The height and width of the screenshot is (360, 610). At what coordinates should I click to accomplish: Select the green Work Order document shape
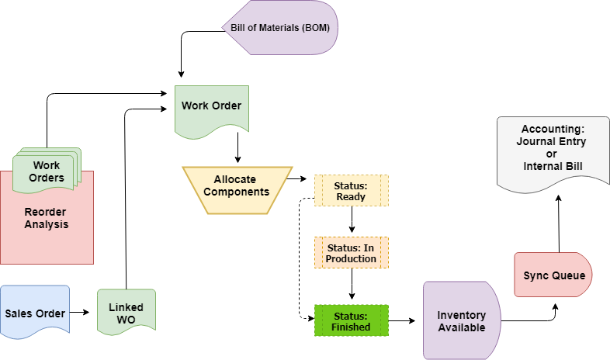[211, 109]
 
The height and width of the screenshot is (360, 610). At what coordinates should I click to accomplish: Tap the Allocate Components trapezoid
[237, 189]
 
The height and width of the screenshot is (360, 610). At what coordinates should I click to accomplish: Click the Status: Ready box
[351, 190]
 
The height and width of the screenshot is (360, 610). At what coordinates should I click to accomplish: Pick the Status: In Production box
[351, 253]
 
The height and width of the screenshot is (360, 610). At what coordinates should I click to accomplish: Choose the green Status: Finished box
[351, 320]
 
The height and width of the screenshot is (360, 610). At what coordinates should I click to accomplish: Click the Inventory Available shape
[461, 320]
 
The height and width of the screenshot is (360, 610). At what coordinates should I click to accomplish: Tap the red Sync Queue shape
[553, 275]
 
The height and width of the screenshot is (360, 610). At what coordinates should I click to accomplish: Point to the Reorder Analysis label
[46, 218]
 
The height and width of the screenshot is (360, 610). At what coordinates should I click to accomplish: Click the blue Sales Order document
[35, 313]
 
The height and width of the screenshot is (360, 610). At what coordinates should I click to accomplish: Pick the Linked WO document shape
[126, 313]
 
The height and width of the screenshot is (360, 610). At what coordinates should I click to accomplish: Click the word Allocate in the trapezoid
[234, 179]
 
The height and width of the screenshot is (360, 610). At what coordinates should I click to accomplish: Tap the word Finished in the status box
[351, 327]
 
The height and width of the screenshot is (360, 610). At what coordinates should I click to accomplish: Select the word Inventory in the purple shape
[462, 315]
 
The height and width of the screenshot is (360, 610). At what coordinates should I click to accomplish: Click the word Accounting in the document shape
[553, 128]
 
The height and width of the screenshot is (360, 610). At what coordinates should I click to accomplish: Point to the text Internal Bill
[552, 166]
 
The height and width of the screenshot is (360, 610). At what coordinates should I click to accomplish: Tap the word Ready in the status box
[351, 196]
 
